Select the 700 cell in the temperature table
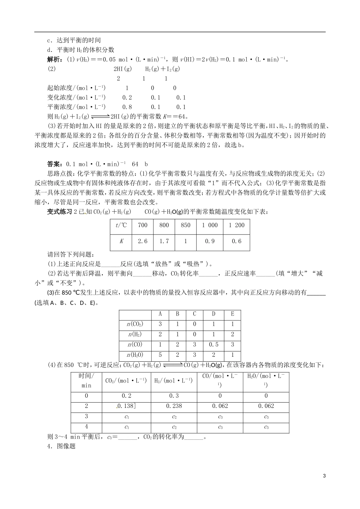pos(142,225)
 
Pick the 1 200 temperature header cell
pos(236,225)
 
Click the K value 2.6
pos(142,241)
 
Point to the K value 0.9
pos(210,241)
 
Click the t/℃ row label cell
pos(121,225)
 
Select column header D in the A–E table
pos(213,314)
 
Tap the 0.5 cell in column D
pos(213,345)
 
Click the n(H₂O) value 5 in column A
pos(160,355)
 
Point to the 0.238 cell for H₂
pos(174,406)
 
